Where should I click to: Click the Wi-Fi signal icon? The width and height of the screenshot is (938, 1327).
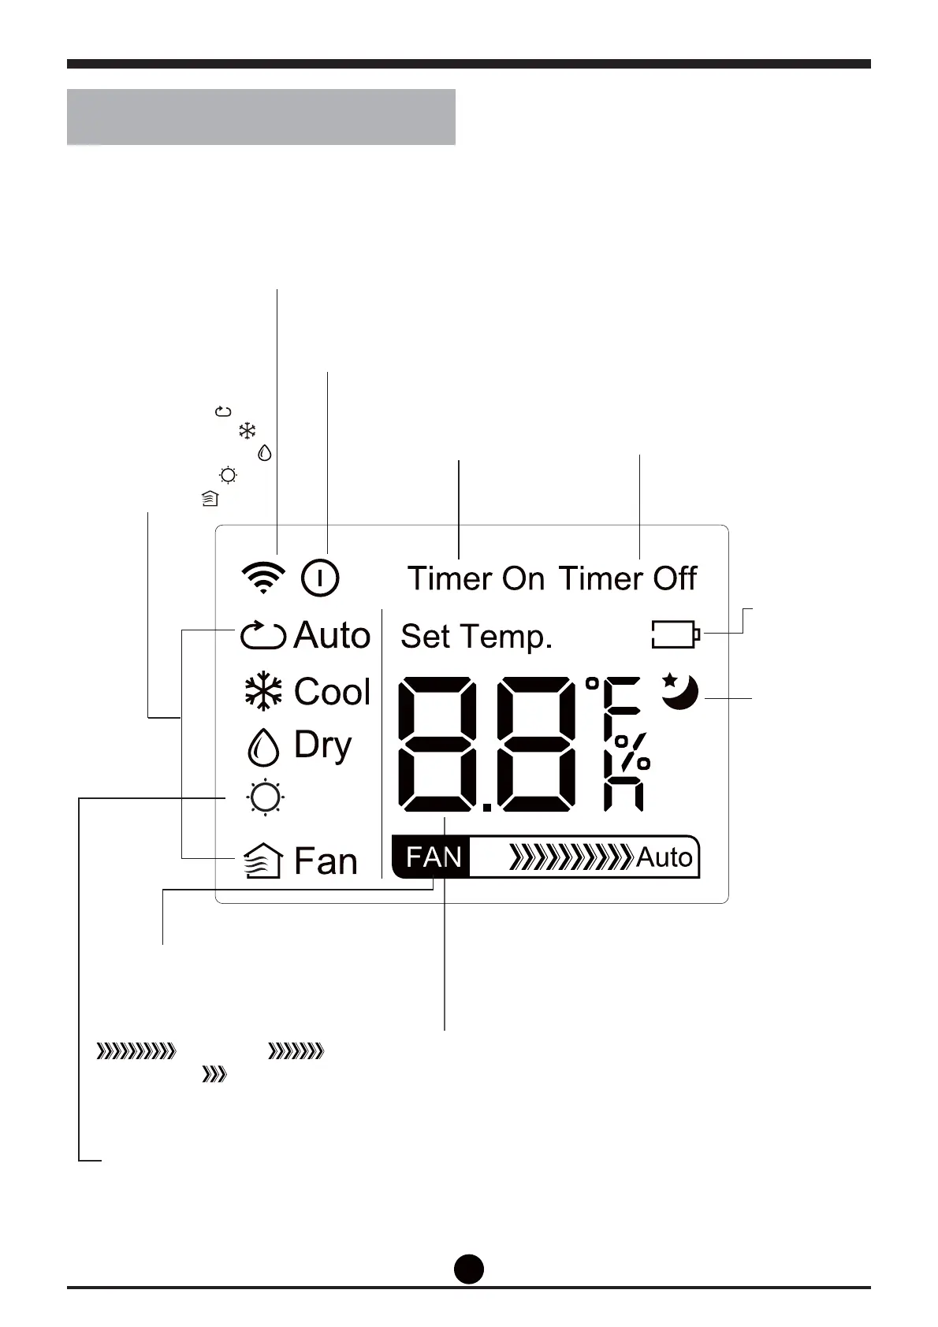click(262, 578)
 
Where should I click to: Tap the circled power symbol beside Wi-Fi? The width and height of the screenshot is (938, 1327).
click(320, 578)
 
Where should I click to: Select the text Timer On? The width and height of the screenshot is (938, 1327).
click(475, 579)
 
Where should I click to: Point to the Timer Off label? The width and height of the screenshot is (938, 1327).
click(627, 579)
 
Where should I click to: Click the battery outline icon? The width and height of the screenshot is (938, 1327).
click(676, 634)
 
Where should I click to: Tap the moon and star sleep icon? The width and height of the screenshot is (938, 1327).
click(679, 691)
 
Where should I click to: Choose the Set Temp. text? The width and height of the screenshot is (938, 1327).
click(476, 637)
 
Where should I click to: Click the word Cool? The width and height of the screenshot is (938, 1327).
click(332, 692)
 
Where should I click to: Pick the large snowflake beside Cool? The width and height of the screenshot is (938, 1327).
click(263, 692)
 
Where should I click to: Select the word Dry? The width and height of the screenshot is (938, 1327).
click(322, 745)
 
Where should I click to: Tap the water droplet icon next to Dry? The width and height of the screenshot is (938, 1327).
click(263, 746)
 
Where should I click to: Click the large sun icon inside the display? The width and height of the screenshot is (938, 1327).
click(265, 797)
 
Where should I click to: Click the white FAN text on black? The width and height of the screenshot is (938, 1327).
click(434, 857)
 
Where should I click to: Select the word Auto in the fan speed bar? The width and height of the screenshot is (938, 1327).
click(664, 857)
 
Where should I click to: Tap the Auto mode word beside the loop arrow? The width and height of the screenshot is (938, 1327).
click(332, 635)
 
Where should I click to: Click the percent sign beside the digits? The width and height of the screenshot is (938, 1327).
click(632, 753)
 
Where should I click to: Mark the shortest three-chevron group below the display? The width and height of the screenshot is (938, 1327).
click(214, 1075)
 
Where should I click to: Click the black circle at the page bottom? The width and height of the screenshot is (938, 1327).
click(469, 1269)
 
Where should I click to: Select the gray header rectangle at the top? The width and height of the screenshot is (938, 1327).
click(261, 117)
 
